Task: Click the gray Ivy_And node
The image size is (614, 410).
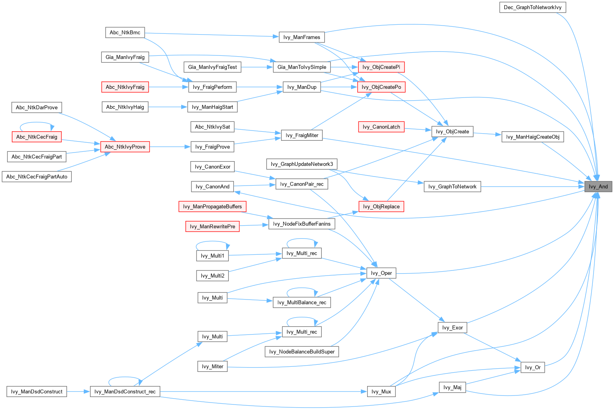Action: (x=598, y=187)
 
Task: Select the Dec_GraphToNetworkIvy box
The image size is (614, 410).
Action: (x=532, y=7)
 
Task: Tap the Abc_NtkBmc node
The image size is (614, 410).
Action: (x=125, y=33)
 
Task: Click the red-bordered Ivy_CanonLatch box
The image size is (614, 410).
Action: (x=381, y=127)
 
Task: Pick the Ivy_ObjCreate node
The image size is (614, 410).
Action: (x=452, y=132)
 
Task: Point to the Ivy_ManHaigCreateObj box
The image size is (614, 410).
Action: (x=532, y=137)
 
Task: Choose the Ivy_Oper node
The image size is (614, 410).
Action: (x=381, y=273)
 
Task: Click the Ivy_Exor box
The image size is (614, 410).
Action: (x=452, y=327)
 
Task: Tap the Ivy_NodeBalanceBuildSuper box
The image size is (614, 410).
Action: (x=301, y=352)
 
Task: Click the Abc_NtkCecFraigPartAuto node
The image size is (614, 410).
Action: (x=37, y=177)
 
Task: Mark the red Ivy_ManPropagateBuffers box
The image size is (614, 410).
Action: (x=212, y=207)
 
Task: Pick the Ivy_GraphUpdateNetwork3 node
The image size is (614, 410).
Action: (x=301, y=164)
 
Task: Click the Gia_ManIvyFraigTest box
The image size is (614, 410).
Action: (x=212, y=67)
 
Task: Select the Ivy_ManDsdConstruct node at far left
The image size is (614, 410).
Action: (x=37, y=392)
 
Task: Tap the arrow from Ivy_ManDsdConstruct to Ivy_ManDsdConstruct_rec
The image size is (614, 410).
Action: (x=78, y=392)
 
